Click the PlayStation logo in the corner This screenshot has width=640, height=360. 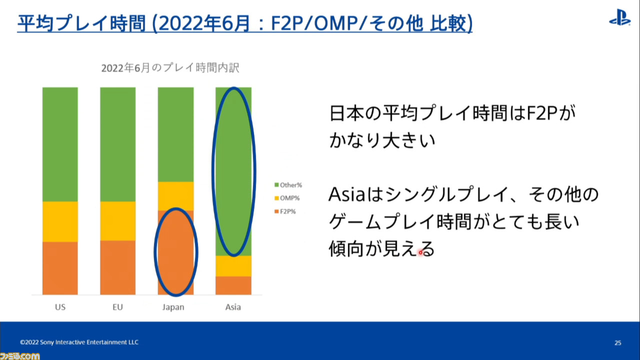619,17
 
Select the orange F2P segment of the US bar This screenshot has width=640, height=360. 60,268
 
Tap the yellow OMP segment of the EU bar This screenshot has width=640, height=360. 117,221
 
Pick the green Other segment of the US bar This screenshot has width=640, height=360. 60,144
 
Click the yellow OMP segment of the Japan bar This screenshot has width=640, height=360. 175,196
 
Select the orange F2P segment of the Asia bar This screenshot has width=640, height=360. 233,285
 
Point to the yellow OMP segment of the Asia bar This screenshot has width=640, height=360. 233,266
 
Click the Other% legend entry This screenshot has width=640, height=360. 288,185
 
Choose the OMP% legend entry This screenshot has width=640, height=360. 287,198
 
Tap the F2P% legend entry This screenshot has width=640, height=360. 285,211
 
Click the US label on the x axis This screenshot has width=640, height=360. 60,307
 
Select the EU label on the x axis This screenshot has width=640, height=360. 117,307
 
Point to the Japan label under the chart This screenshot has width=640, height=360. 173,307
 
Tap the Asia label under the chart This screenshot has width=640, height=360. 233,307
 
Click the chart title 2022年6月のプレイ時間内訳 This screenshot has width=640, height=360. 170,67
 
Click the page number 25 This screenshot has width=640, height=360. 617,342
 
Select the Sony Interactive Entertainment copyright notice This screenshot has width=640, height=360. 79,342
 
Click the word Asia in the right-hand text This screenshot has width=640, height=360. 346,194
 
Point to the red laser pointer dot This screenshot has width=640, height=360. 420,252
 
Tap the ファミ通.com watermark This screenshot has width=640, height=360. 19,356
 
